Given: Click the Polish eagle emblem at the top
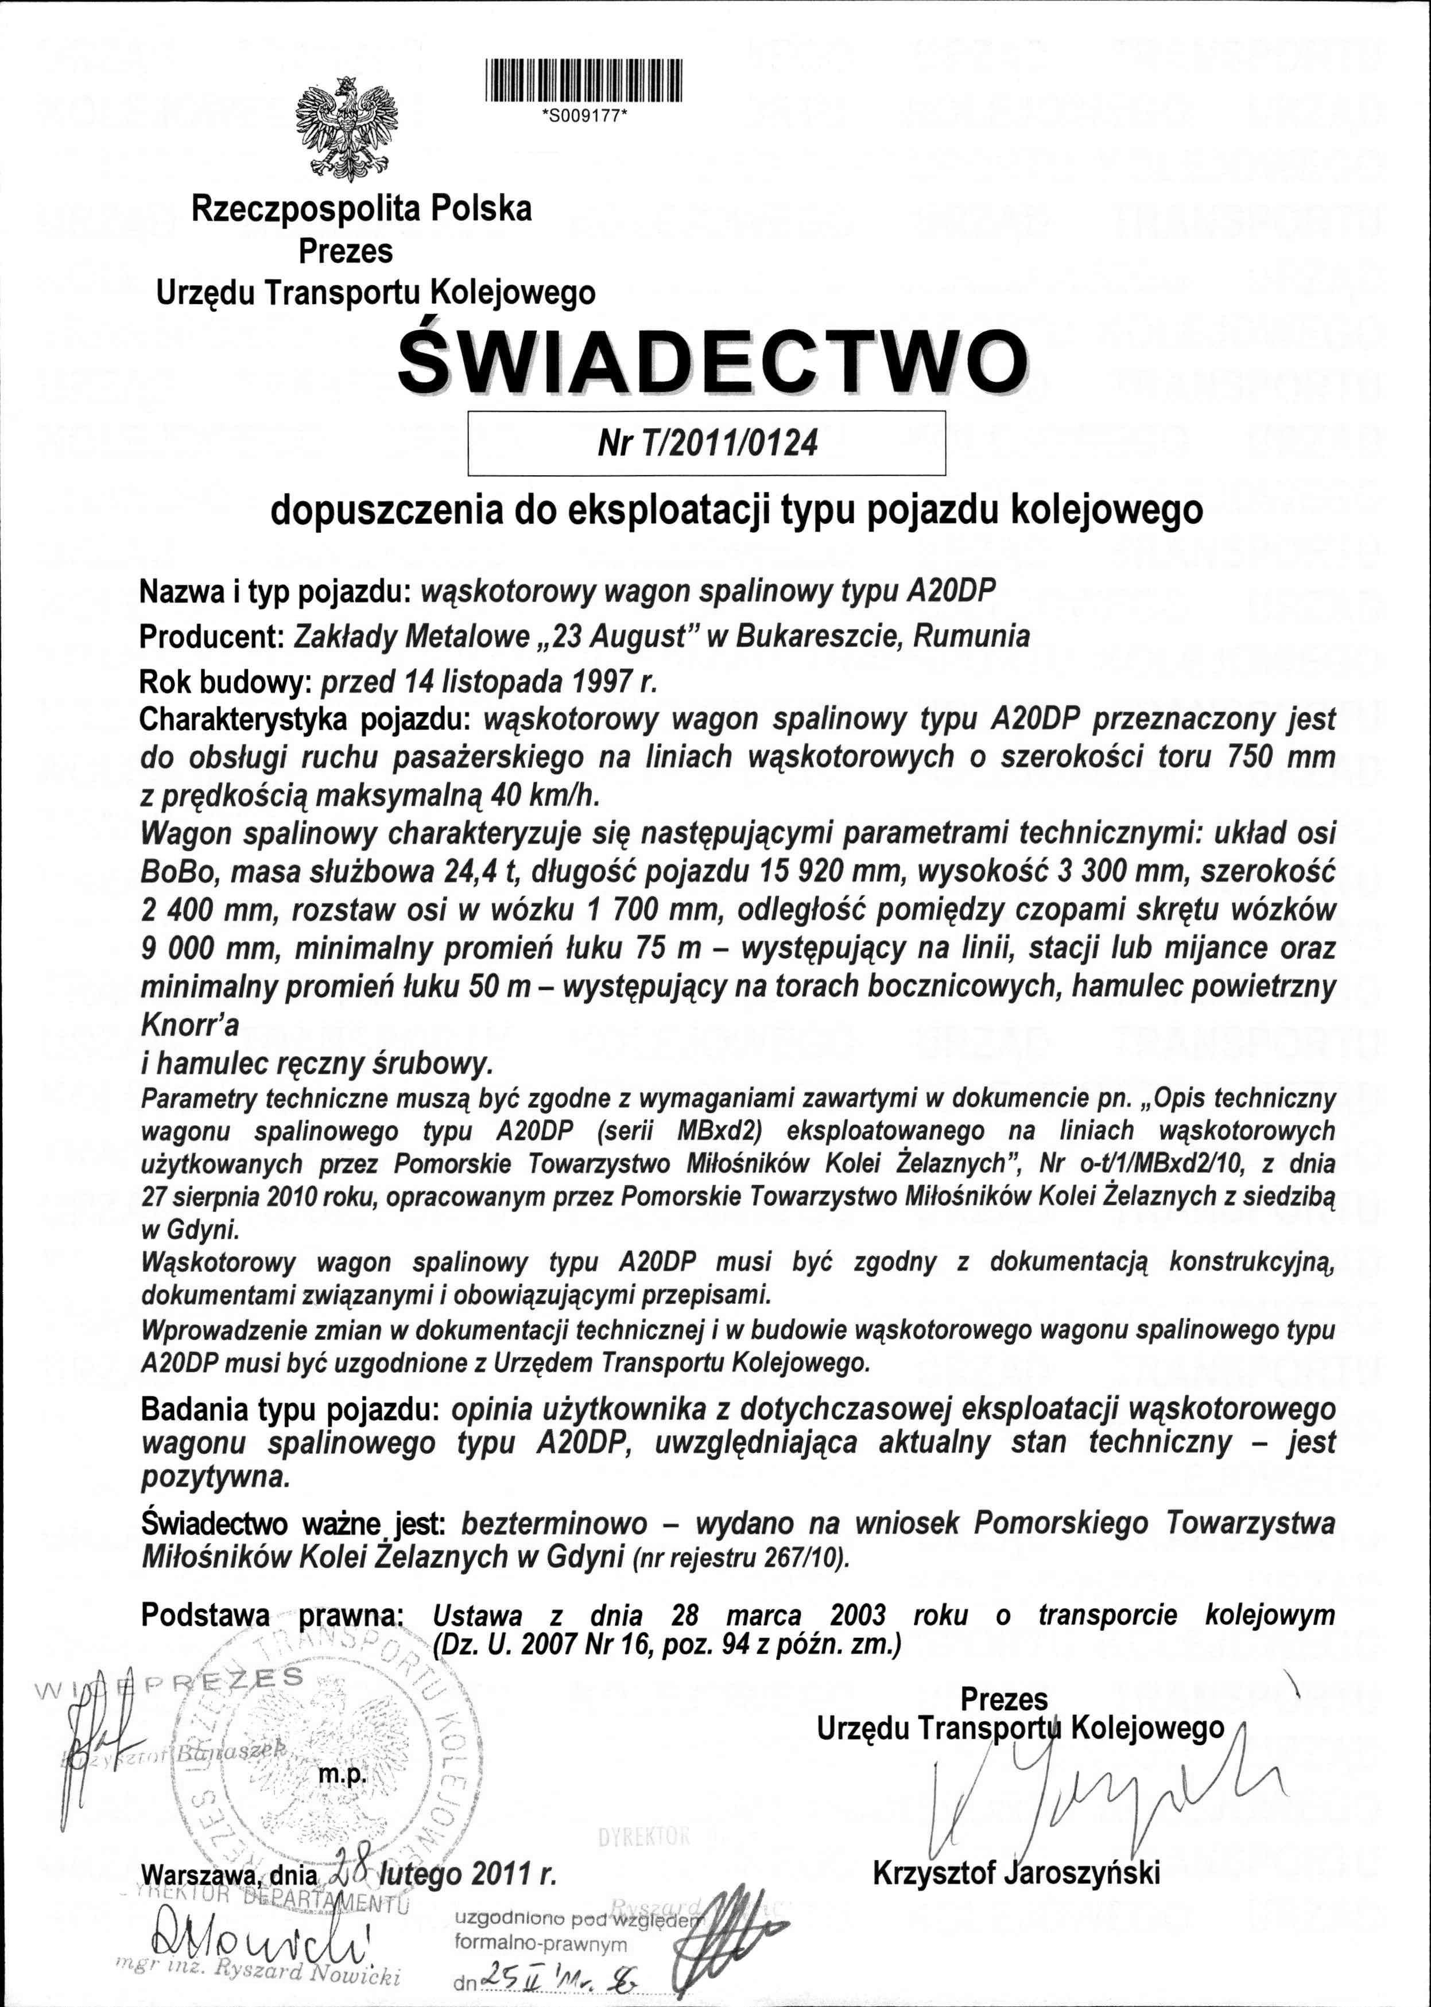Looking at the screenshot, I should tap(346, 128).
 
